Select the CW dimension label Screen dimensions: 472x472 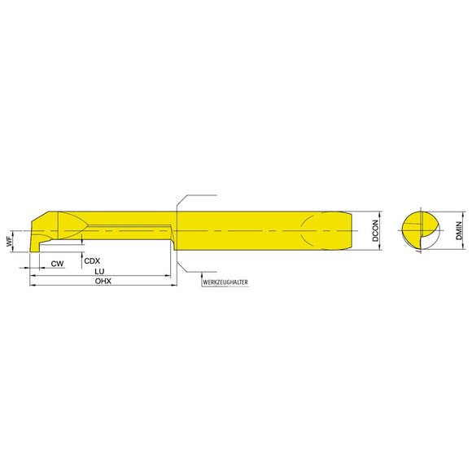[57, 264]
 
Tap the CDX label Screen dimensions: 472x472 [93, 260]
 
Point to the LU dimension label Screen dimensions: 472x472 [98, 271]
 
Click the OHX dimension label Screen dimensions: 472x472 [102, 282]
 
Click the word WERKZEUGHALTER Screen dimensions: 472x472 [225, 282]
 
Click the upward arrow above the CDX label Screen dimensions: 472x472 [82, 251]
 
